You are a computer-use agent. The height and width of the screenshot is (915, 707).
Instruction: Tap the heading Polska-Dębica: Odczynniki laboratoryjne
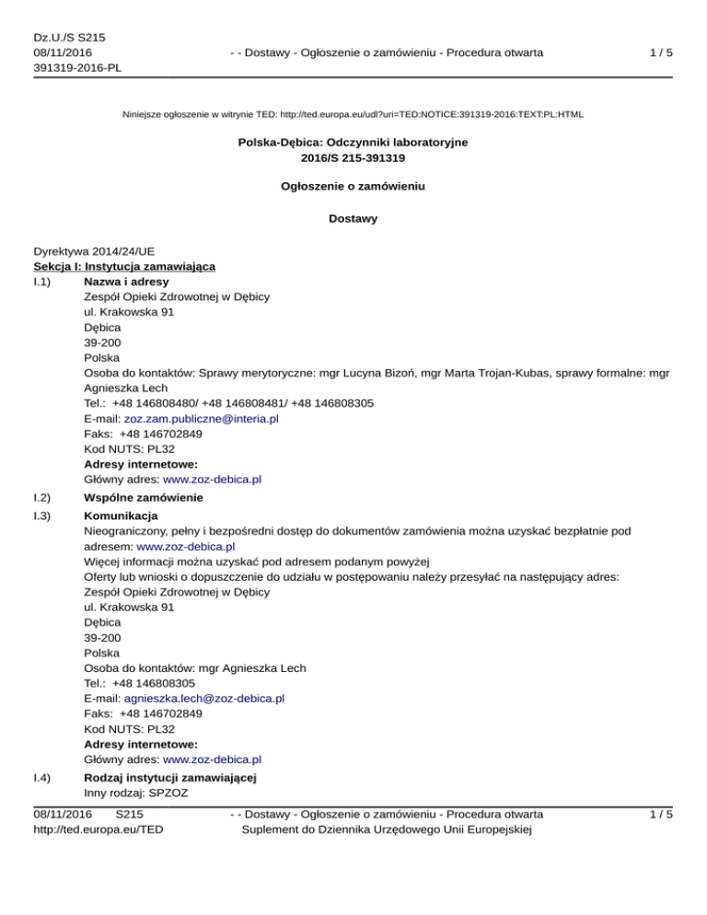coord(353,143)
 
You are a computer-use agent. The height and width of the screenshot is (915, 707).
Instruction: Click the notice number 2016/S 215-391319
coord(353,157)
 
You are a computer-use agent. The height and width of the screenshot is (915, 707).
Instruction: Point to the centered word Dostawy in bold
coord(353,218)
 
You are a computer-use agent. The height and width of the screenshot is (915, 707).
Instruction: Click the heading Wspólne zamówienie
coord(143,497)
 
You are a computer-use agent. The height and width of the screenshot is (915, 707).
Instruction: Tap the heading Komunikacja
coord(121,515)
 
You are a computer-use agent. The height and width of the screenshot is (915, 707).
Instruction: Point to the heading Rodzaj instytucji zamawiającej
coord(169,778)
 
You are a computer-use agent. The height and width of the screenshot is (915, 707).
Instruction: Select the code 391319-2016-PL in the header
coord(77,67)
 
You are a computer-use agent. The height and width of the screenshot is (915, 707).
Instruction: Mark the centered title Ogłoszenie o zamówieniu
coord(353,188)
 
